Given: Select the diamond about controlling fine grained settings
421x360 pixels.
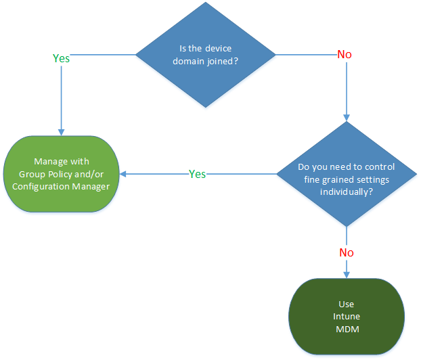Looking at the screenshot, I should click(x=346, y=174).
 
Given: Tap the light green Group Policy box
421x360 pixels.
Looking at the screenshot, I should click(x=62, y=175).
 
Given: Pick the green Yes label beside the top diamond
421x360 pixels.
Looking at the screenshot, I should click(x=61, y=58).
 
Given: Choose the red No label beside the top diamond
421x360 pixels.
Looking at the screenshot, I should click(x=345, y=54).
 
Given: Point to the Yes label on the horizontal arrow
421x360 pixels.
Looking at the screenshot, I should click(x=197, y=174).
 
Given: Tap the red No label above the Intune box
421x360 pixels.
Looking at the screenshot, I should click(x=346, y=252).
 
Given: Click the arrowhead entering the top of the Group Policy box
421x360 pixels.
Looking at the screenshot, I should click(x=62, y=131).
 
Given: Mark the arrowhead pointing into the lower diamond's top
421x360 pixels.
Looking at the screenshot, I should click(x=346, y=117).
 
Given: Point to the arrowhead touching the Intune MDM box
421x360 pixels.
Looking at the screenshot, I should click(x=346, y=273).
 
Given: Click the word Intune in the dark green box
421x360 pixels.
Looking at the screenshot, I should click(x=346, y=316).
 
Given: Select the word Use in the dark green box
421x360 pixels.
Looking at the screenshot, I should click(x=346, y=305).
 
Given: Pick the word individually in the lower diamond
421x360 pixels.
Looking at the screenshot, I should click(x=346, y=192).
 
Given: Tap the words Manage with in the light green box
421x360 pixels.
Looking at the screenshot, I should click(x=62, y=162).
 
